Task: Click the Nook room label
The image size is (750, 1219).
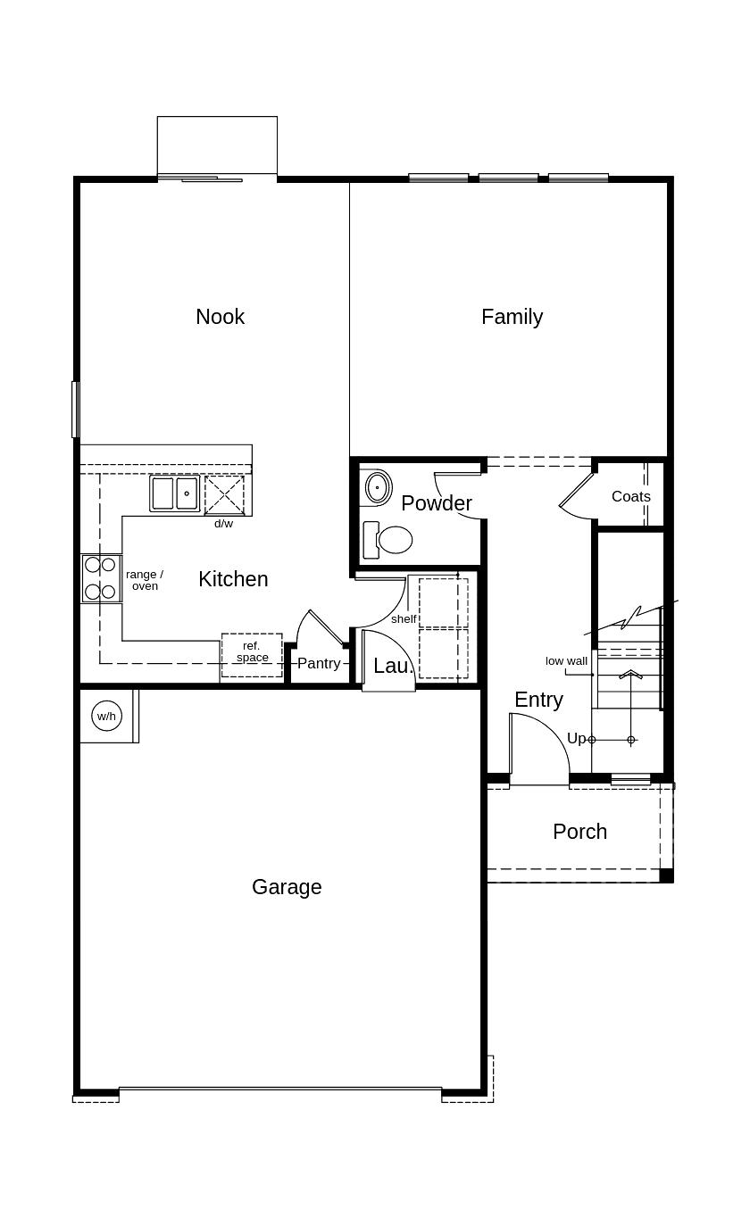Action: (x=220, y=317)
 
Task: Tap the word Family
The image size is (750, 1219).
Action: (x=512, y=317)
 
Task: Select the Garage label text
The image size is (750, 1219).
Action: (x=287, y=887)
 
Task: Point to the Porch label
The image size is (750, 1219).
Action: (x=579, y=832)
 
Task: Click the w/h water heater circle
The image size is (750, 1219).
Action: (x=106, y=716)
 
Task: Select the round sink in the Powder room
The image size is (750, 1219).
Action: (x=378, y=487)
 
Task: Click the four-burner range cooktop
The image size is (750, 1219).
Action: (x=100, y=578)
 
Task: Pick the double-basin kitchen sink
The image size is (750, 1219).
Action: (x=175, y=493)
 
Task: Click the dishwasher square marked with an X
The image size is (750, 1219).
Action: (x=224, y=494)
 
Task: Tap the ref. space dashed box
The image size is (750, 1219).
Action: (x=252, y=654)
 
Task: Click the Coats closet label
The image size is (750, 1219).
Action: (x=630, y=496)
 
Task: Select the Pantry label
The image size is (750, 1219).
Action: (x=319, y=663)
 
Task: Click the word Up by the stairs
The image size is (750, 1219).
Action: (x=576, y=739)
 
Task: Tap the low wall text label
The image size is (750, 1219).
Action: (x=566, y=661)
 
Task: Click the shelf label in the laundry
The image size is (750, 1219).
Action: (x=404, y=619)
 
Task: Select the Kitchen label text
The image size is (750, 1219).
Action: (x=233, y=579)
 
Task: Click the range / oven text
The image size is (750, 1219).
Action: (x=145, y=580)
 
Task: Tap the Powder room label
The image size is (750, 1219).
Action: (x=436, y=503)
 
